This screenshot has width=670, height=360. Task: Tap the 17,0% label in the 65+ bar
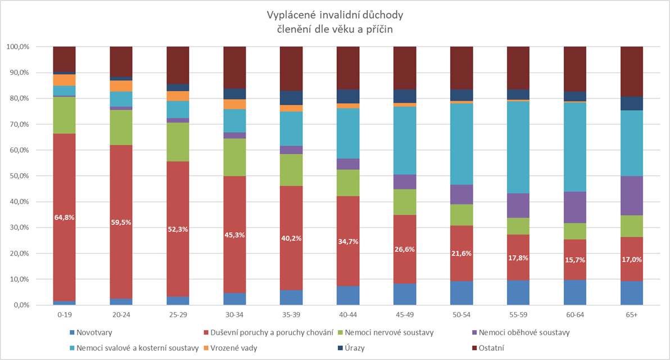(632, 260)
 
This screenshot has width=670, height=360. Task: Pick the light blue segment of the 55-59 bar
(518, 147)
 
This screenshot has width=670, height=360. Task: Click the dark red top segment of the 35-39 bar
(291, 68)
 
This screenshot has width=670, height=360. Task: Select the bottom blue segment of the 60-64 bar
(575, 292)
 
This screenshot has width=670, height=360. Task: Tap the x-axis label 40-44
(348, 316)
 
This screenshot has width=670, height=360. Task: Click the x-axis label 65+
(632, 316)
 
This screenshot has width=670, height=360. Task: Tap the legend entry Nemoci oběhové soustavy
(521, 332)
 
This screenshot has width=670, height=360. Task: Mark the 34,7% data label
(348, 241)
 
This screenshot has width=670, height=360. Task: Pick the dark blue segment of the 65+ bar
(632, 103)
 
